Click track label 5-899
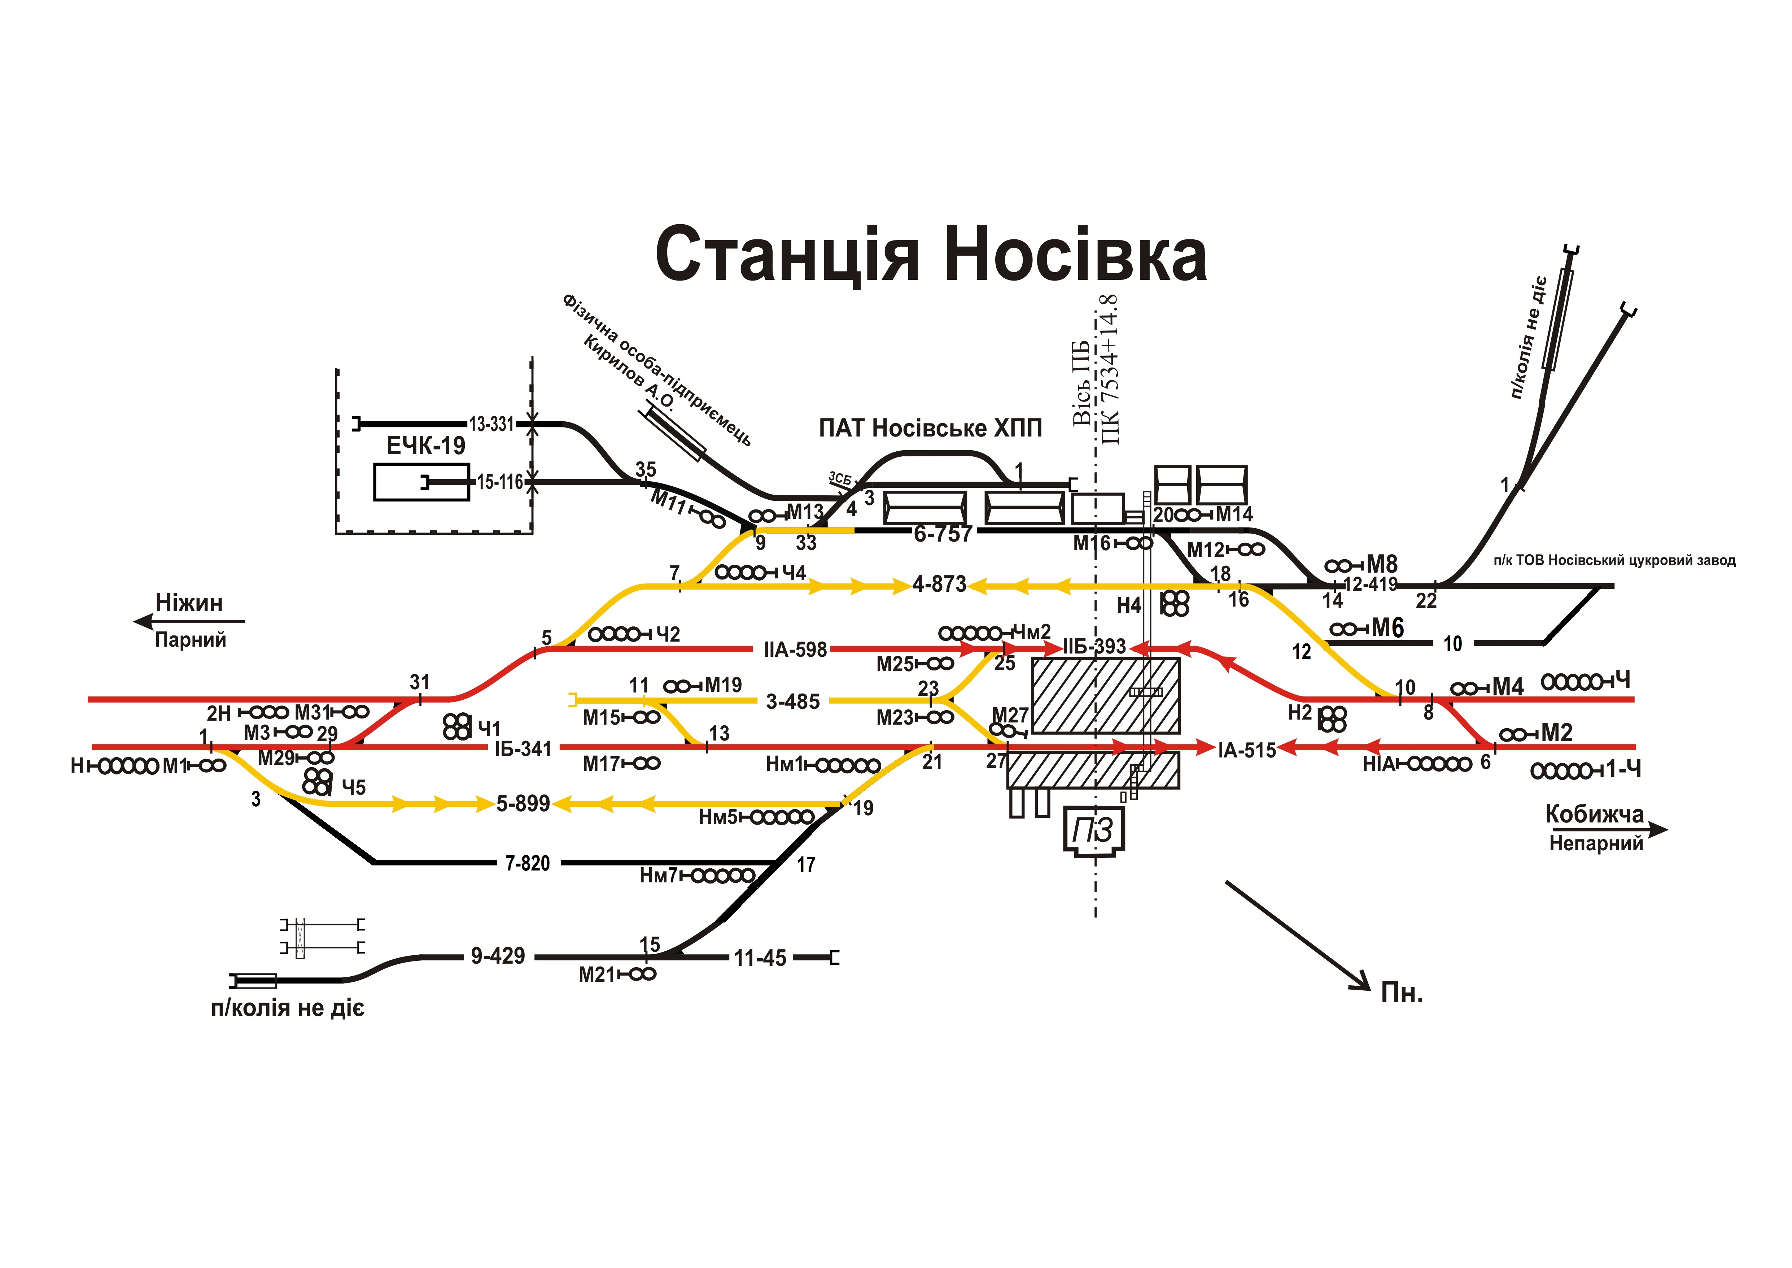click(x=523, y=803)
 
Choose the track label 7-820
click(x=528, y=864)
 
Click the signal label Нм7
click(x=658, y=876)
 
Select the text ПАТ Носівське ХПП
click(x=930, y=428)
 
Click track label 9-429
click(x=498, y=956)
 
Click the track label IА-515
click(x=1246, y=750)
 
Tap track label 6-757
click(x=943, y=534)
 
